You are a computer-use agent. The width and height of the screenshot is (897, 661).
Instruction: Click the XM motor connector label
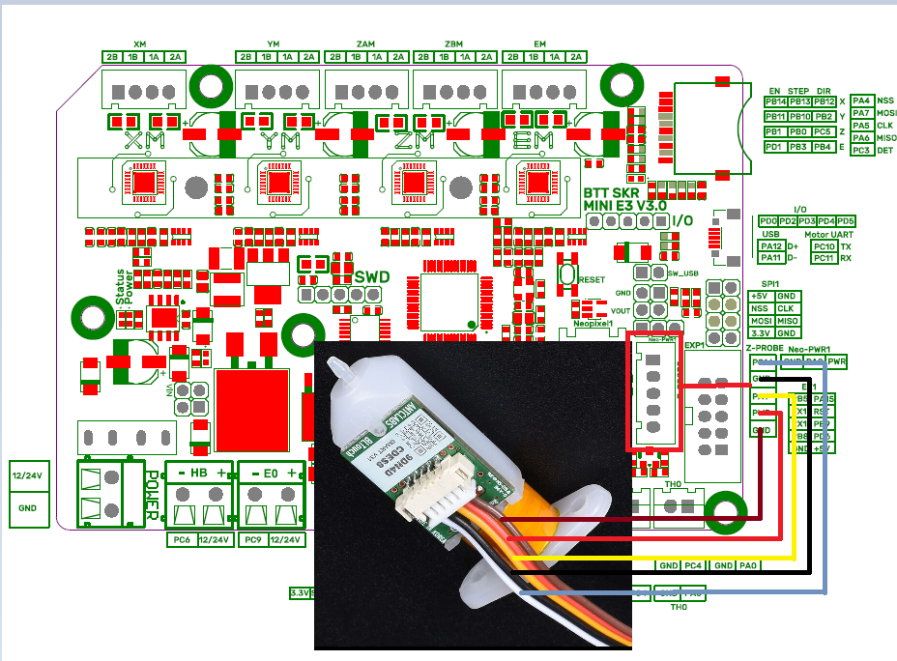tap(140, 44)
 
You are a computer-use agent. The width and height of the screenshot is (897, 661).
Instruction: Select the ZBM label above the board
tap(453, 44)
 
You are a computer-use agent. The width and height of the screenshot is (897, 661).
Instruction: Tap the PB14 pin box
tap(774, 101)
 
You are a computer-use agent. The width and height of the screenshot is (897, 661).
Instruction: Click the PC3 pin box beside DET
tap(861, 150)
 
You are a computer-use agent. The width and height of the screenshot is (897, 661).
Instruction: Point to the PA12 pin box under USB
tap(770, 246)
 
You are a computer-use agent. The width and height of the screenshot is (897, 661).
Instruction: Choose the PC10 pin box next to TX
tap(824, 246)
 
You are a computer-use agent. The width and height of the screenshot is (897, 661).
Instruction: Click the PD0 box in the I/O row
tap(769, 221)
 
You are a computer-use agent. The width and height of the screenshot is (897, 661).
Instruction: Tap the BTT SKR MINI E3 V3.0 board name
tap(623, 199)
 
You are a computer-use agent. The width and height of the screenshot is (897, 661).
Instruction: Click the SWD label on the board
tap(372, 277)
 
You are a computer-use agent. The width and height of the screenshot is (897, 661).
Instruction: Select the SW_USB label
tap(682, 273)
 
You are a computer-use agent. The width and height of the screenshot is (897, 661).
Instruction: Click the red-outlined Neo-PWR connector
tap(654, 392)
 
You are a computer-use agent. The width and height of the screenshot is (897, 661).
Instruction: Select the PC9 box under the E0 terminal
tap(252, 539)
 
